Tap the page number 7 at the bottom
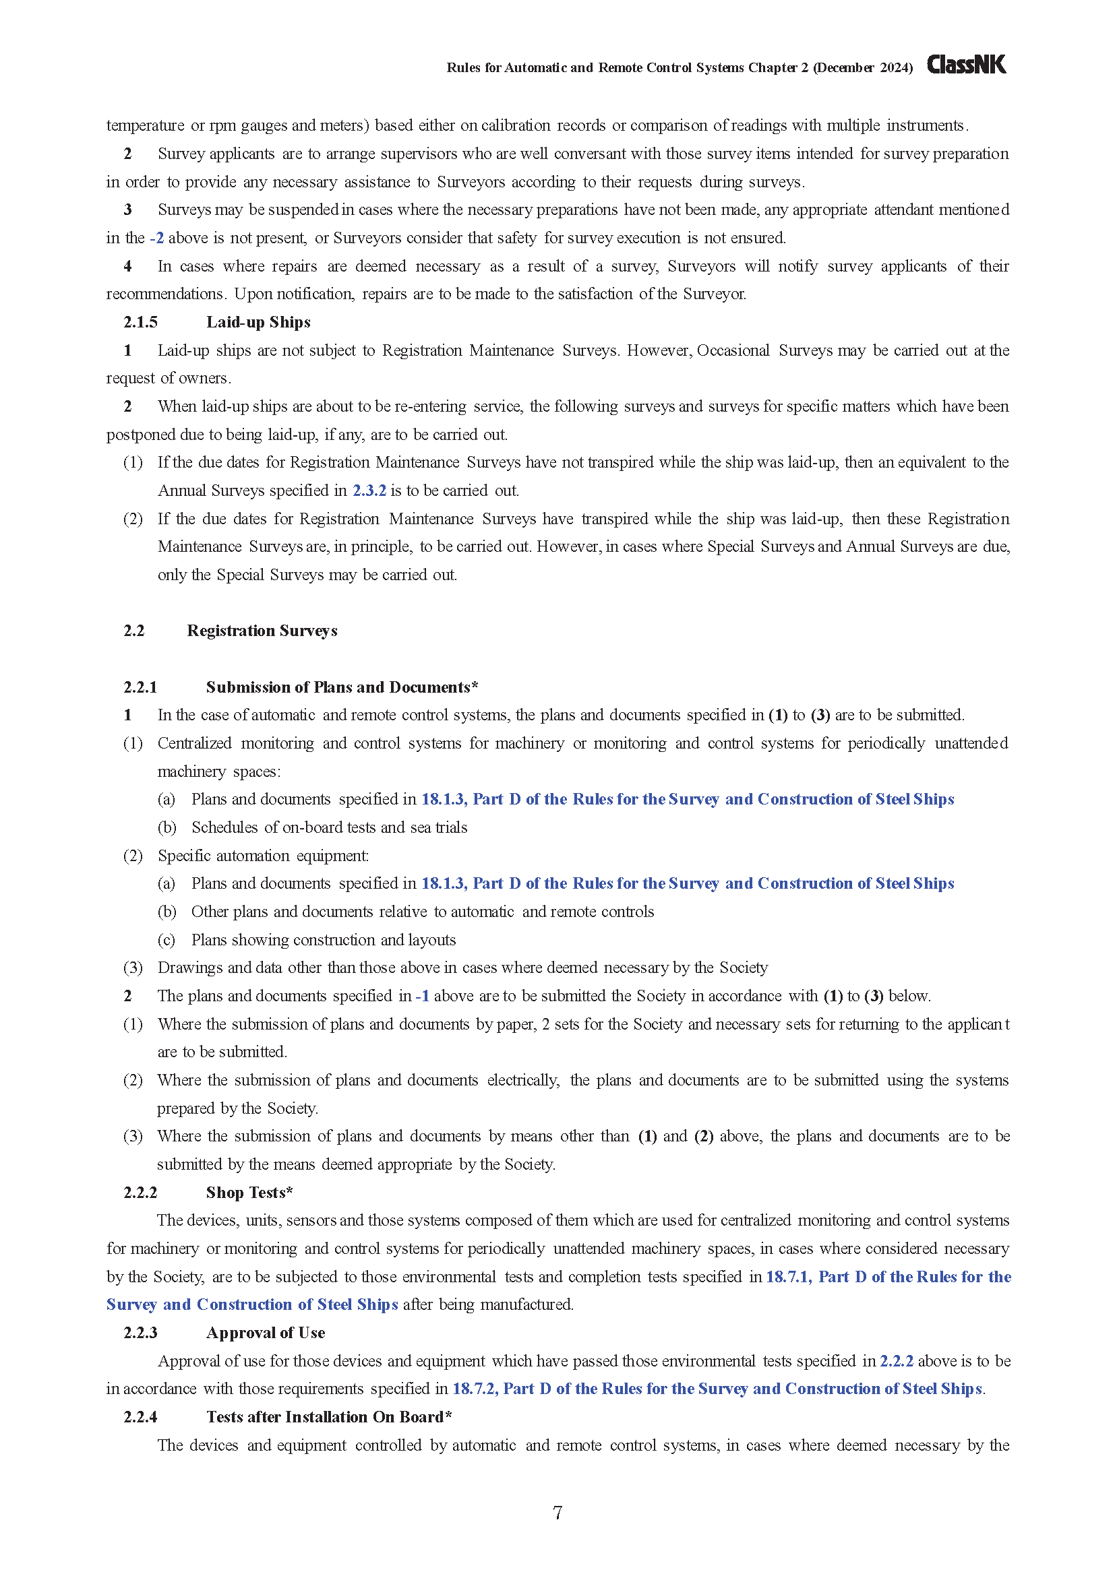(x=557, y=1513)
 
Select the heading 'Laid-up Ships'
(x=258, y=322)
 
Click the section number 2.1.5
(x=140, y=322)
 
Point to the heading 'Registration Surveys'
(x=262, y=631)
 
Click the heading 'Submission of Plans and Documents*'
(x=341, y=687)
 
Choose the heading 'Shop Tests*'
(x=249, y=1193)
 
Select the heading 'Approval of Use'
(x=265, y=1332)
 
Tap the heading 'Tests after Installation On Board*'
(x=328, y=1417)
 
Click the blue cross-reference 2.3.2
(x=369, y=491)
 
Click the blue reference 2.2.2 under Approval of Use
(x=896, y=1361)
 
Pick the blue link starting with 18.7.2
(x=717, y=1389)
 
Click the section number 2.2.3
(x=140, y=1332)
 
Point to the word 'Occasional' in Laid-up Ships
(x=733, y=350)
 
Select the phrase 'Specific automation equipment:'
(x=263, y=856)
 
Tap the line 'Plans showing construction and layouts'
(x=324, y=940)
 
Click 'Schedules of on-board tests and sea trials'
(x=329, y=828)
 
